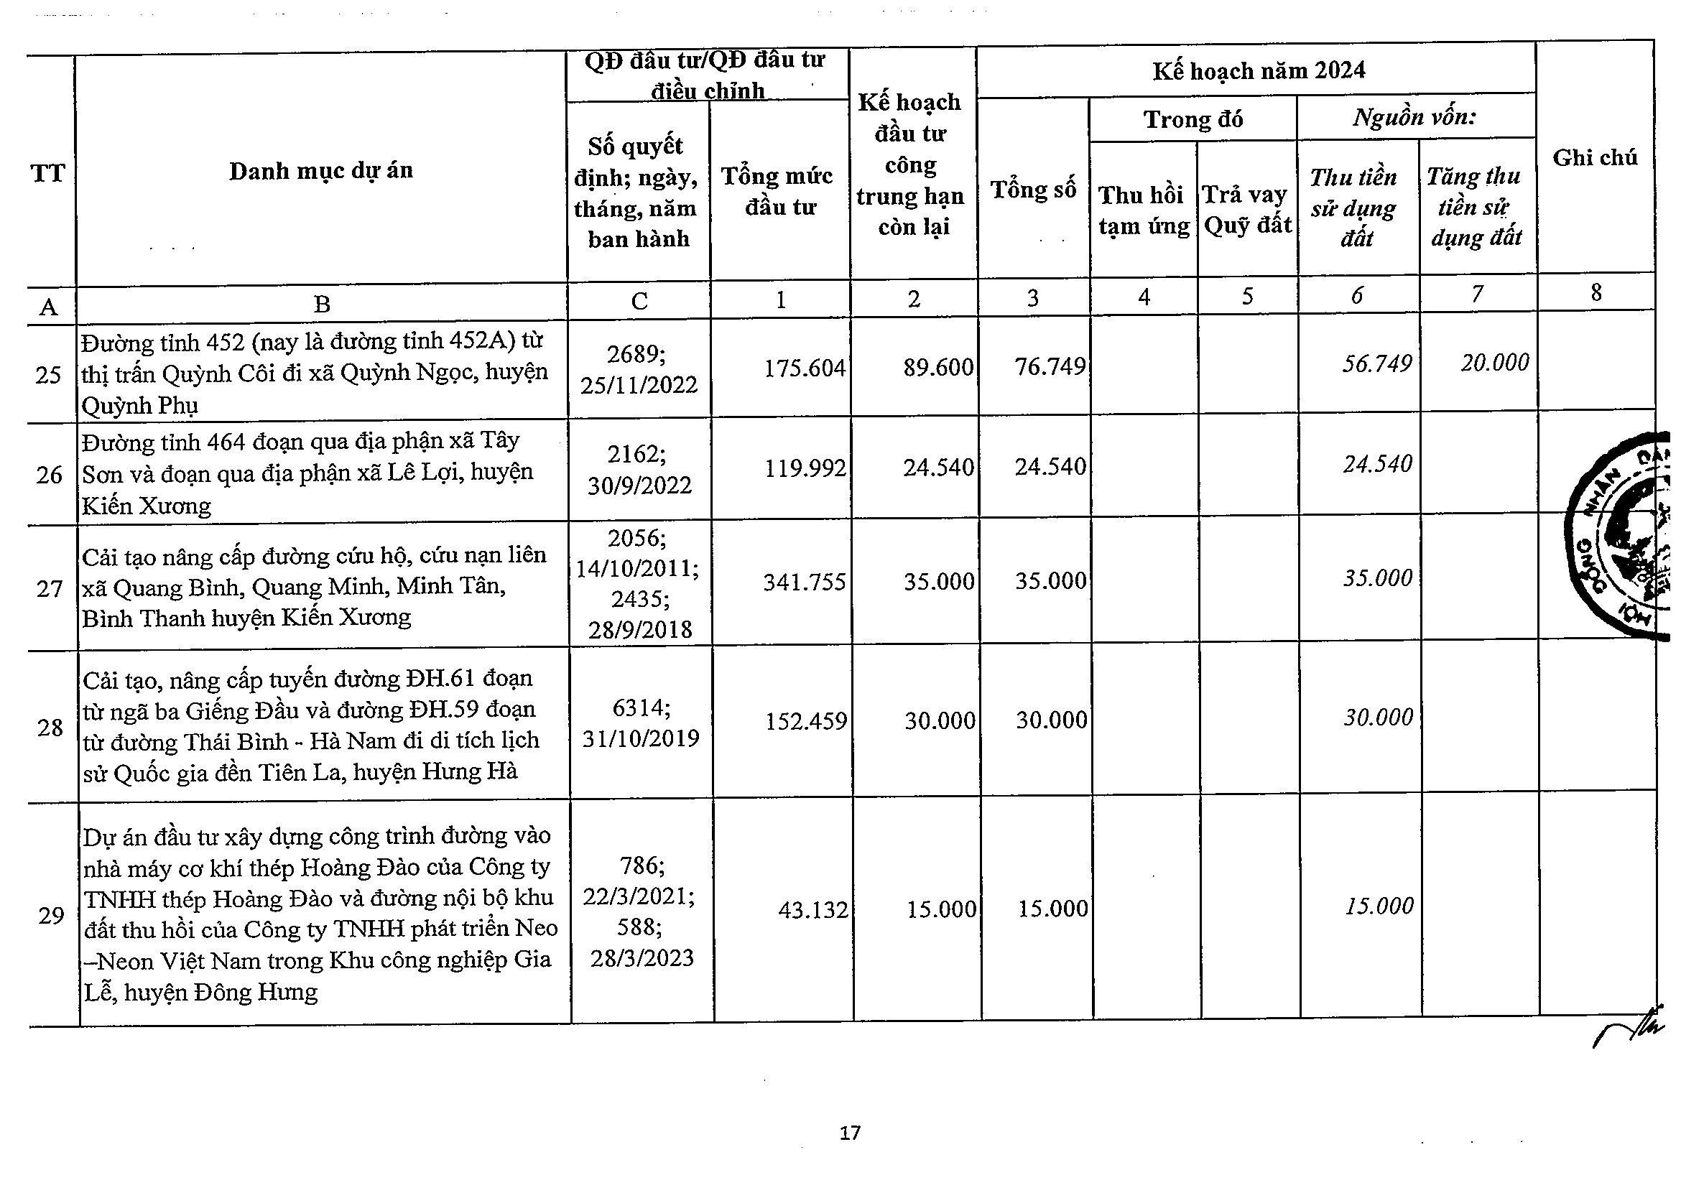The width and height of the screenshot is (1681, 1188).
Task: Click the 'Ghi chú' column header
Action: (1595, 157)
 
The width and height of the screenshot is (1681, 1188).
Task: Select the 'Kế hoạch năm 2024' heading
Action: (1259, 71)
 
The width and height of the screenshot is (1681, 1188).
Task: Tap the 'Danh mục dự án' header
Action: (320, 170)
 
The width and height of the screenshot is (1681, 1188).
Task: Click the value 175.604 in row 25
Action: (804, 368)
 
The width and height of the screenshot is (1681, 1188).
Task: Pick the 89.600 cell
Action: (938, 367)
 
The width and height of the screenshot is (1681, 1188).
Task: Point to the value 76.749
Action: (1050, 366)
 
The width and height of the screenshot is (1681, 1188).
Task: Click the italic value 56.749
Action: (1376, 363)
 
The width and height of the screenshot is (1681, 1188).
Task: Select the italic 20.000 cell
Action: (1495, 362)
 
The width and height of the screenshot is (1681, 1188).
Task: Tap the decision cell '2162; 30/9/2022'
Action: (639, 469)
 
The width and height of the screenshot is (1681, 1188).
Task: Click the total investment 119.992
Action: (805, 468)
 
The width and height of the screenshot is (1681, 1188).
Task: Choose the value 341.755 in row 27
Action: (804, 582)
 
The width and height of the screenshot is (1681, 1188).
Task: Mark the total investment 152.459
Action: (806, 722)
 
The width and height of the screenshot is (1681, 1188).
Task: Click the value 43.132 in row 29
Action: (812, 910)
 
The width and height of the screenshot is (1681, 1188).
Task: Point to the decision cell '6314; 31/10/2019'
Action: (641, 723)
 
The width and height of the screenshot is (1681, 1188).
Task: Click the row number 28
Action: (50, 728)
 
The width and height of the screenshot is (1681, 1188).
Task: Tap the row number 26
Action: (50, 475)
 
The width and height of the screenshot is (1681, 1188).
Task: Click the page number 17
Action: (850, 1134)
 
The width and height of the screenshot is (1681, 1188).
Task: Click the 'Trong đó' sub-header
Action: (1193, 119)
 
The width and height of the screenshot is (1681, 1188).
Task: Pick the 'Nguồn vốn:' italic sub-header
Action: (1414, 117)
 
